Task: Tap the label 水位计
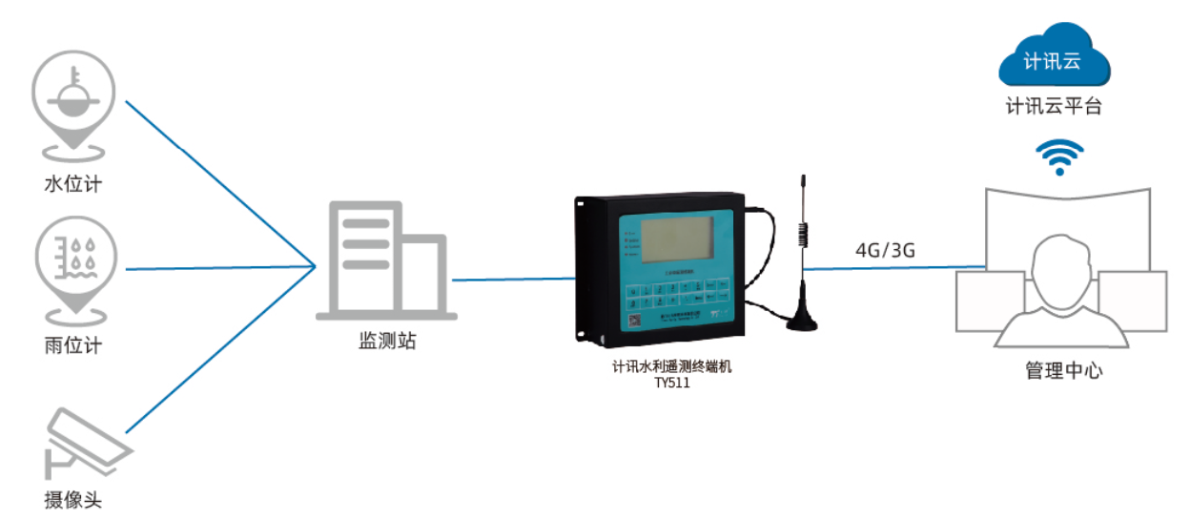point(72,184)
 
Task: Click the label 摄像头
point(72,500)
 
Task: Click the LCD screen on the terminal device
point(676,243)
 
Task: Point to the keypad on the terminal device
point(676,293)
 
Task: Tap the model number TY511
point(671,384)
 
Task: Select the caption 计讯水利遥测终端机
point(671,366)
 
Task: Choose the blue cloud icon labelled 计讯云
point(1053,59)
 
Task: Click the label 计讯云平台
point(1054,107)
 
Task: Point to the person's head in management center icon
point(1060,267)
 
